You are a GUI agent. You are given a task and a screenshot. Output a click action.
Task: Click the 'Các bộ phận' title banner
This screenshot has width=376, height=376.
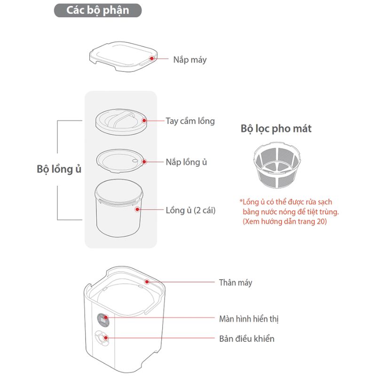point(98,10)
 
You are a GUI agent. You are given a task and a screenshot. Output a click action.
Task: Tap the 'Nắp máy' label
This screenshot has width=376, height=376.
point(190,60)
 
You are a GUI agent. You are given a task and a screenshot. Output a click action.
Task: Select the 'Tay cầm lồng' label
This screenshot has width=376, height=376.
point(190,121)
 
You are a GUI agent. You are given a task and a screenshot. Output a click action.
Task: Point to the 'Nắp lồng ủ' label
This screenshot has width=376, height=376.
point(186,162)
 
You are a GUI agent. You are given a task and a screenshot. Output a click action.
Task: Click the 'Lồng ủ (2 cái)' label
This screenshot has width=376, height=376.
point(191,210)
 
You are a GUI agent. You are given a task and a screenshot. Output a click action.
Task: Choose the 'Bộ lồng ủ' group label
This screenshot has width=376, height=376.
point(59,169)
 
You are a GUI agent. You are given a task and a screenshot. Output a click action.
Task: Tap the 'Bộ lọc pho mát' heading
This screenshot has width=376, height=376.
point(276,129)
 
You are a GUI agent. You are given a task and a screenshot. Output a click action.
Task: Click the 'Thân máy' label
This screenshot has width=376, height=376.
point(235,283)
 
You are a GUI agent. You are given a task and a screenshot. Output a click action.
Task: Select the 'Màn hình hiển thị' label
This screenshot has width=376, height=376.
point(249,319)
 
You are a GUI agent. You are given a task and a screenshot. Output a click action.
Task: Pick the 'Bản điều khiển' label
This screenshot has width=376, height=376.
point(247,339)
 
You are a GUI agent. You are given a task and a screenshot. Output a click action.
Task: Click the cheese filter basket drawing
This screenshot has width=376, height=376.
point(277,165)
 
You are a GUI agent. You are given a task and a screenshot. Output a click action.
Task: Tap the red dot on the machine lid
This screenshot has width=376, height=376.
point(151,58)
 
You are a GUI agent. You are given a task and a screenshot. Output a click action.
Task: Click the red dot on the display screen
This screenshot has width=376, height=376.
point(106,318)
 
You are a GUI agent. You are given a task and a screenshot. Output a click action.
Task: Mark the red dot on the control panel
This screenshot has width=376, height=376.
point(106,338)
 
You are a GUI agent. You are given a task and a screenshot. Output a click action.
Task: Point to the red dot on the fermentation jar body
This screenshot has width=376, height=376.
point(137,210)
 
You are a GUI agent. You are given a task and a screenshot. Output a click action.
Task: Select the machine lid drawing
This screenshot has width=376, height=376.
point(123,56)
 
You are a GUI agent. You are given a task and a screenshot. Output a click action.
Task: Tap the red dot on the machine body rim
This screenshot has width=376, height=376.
point(147,282)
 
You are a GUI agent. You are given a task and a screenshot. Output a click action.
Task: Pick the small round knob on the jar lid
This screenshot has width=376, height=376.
point(135,161)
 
